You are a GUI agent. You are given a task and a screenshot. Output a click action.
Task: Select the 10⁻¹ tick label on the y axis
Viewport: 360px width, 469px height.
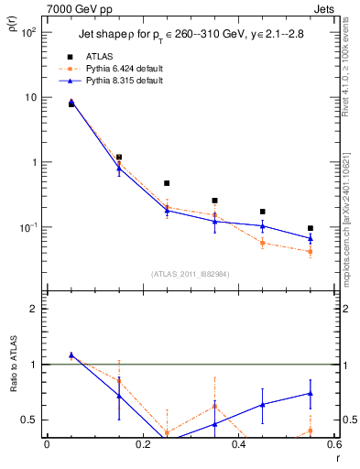point(27,227)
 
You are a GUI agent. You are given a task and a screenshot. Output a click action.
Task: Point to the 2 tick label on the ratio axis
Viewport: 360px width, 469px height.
point(32,310)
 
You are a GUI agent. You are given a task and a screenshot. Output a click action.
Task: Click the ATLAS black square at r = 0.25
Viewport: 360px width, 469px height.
point(167,183)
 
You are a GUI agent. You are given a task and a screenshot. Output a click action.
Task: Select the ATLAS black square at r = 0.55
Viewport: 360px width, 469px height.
point(311,228)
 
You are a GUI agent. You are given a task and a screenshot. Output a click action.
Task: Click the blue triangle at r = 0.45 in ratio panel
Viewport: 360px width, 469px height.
point(263,404)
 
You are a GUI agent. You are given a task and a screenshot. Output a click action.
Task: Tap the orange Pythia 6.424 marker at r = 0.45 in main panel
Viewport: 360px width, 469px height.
point(263,243)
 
